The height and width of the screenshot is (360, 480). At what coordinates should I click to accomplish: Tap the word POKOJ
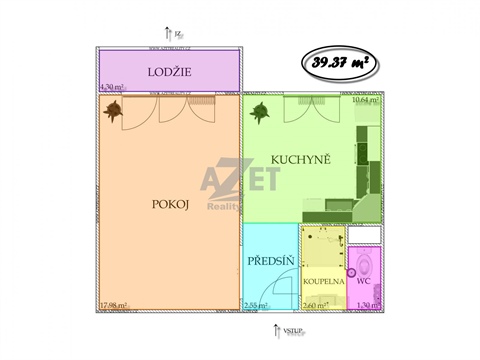[x=169, y=203]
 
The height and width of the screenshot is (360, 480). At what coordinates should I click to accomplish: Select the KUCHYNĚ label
[x=296, y=159]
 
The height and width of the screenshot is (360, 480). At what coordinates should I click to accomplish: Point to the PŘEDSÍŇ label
[x=270, y=262]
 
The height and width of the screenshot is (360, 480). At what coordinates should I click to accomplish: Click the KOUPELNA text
[x=323, y=281]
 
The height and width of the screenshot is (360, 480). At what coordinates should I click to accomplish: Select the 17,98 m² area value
[x=114, y=304]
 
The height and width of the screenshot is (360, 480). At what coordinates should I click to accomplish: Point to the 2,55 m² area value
[x=258, y=304]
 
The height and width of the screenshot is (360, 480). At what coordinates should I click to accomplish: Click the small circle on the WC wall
[x=351, y=272]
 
